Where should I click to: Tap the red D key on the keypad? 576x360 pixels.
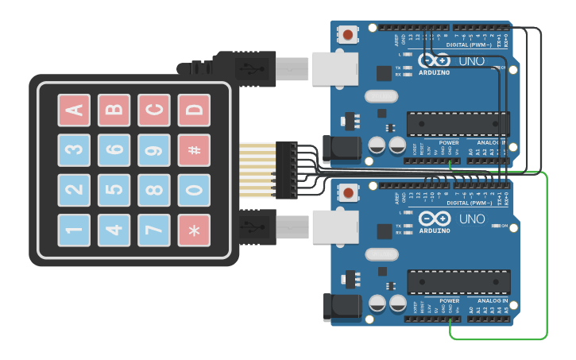coord(193,110)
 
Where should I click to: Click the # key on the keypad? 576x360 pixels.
coord(193,150)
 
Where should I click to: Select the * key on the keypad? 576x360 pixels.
coord(193,230)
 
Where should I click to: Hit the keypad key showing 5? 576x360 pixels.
coord(114,190)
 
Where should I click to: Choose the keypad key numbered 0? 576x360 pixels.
coord(193,190)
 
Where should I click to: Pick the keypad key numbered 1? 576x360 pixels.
coord(73,230)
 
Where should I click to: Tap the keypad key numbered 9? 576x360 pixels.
coord(153,150)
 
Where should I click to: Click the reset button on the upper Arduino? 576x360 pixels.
coord(348,34)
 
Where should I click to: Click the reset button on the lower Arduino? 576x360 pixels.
coord(348,193)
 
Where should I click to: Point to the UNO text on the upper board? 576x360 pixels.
coord(472,61)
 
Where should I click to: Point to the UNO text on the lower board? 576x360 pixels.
coord(472,219)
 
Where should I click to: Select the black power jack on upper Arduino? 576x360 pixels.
coord(341,149)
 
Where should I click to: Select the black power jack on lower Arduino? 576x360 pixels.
coord(341,307)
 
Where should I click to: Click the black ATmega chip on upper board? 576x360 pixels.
coord(458,124)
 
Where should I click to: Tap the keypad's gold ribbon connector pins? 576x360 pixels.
coord(257,170)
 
